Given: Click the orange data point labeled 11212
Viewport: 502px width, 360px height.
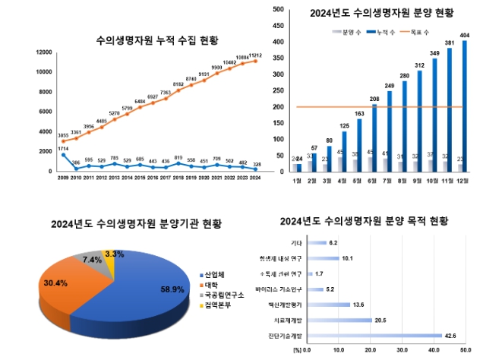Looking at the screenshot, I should coord(254,61).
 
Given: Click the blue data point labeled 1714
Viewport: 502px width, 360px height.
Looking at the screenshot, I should coord(63,154).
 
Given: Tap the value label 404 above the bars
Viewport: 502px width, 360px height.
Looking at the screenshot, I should coord(465,35).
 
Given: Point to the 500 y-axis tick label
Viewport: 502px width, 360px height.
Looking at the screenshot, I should coord(278,10).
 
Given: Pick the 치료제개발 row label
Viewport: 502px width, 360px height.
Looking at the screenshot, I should coord(287,319).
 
